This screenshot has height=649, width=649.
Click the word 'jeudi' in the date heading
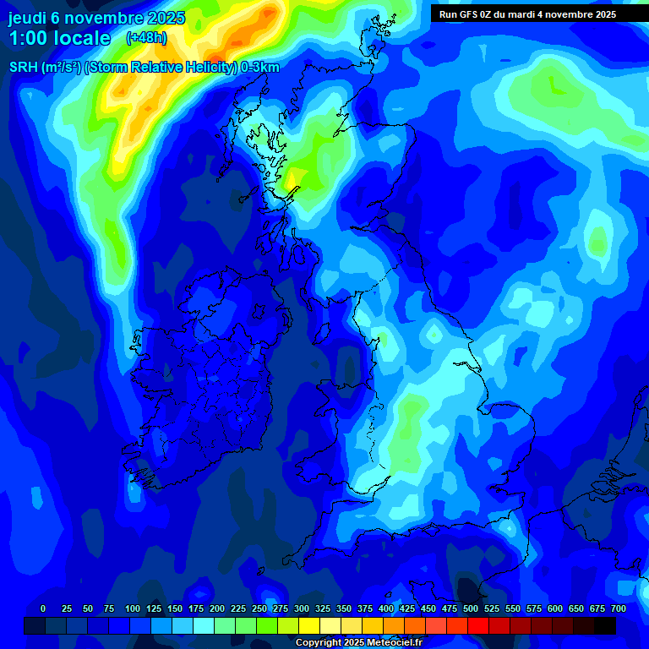[x=28, y=18]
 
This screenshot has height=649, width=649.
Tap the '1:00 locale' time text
[x=59, y=38]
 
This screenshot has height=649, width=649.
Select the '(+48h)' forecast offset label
[x=146, y=38]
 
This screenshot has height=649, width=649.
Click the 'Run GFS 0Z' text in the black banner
[x=470, y=14]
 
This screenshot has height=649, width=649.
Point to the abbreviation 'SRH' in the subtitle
[x=23, y=68]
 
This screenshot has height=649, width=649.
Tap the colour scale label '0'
[x=43, y=608]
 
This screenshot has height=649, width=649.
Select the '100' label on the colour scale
[x=133, y=608]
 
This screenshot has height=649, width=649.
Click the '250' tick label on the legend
[x=259, y=608]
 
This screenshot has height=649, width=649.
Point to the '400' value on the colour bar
[x=386, y=608]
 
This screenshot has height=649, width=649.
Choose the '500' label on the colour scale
[x=471, y=608]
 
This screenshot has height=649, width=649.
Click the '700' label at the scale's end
[x=619, y=608]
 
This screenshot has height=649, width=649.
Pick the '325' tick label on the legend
[x=323, y=608]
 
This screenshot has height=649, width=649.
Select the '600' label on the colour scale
[x=555, y=608]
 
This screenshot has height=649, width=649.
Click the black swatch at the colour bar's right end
[x=604, y=625]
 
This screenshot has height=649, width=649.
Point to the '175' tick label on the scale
[x=196, y=608]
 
